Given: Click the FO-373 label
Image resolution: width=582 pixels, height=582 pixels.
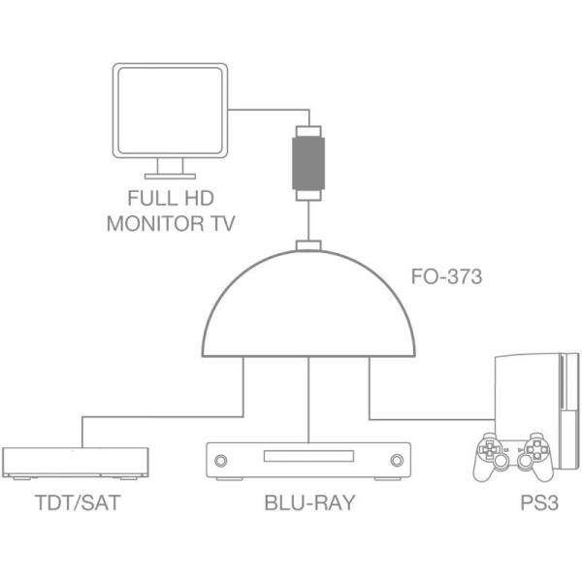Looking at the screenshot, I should [x=447, y=276].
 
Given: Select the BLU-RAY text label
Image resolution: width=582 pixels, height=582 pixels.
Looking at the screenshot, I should [x=308, y=503].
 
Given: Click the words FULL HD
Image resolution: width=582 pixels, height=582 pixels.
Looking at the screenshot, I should [x=170, y=199].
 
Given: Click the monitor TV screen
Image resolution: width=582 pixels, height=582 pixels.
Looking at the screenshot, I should [x=170, y=113].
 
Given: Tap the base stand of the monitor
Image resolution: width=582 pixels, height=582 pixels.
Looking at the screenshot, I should [x=170, y=176].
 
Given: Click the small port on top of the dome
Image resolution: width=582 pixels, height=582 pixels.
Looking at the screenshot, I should [x=308, y=244].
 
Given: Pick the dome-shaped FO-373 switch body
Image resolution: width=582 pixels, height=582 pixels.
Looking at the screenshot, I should [x=308, y=310].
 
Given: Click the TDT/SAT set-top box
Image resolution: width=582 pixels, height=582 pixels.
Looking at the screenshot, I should [x=77, y=462].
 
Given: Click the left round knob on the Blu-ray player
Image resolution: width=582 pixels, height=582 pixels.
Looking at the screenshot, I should [x=220, y=460].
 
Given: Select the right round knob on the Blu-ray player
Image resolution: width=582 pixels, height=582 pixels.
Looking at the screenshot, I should [x=396, y=460].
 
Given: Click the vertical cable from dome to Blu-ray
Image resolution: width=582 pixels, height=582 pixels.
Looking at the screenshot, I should [x=308, y=398].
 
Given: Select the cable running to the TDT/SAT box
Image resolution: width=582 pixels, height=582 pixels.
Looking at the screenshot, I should [x=145, y=417].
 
